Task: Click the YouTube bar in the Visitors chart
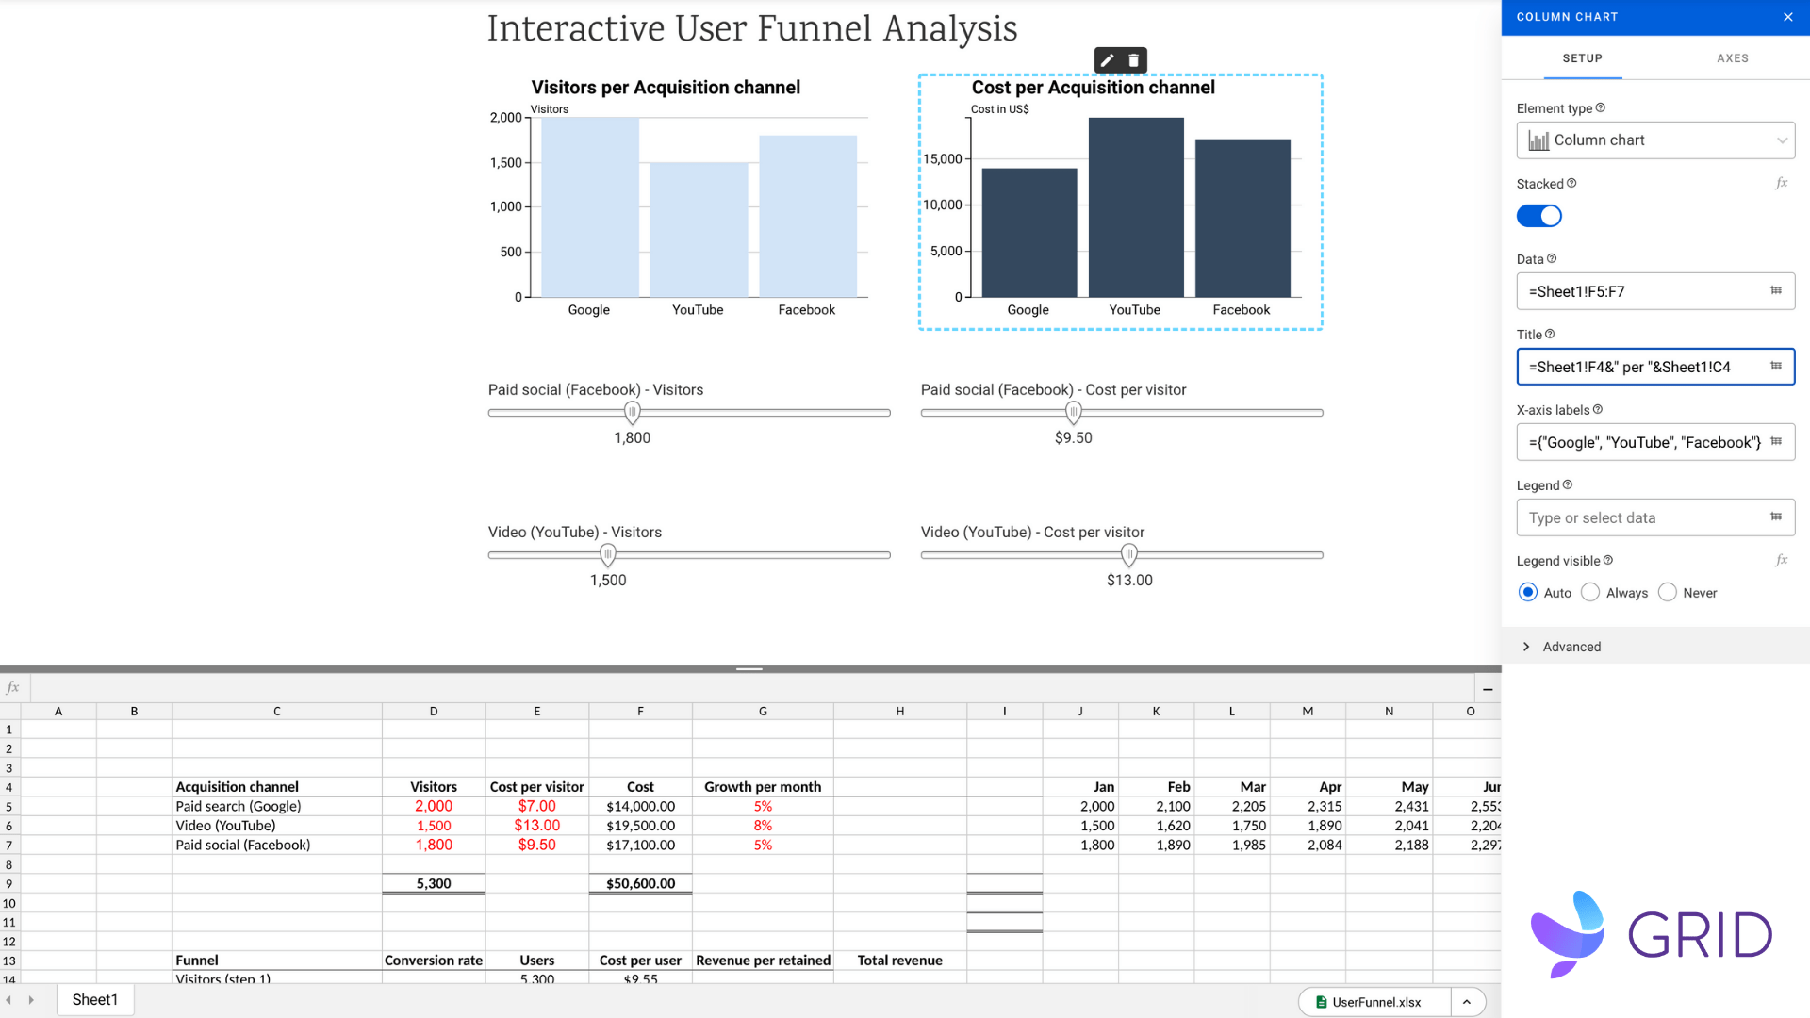(x=699, y=230)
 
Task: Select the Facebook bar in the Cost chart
(x=1242, y=218)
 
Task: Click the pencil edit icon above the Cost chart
(x=1108, y=60)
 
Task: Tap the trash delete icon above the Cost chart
(x=1134, y=60)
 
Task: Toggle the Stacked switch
(x=1538, y=216)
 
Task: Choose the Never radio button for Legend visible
(x=1668, y=592)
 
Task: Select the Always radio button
(x=1590, y=592)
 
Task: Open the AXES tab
(x=1732, y=58)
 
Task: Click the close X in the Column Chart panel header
(x=1788, y=17)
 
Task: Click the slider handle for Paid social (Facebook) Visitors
(x=633, y=413)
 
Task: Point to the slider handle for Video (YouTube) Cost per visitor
(x=1129, y=555)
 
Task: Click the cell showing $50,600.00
(x=640, y=884)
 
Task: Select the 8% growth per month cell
(x=763, y=826)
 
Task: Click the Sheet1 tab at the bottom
(x=95, y=1000)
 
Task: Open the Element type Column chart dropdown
(x=1655, y=140)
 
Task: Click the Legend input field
(x=1645, y=517)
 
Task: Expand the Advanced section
(x=1571, y=647)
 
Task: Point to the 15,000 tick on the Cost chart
(x=943, y=159)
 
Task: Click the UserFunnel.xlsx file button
(x=1375, y=1002)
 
